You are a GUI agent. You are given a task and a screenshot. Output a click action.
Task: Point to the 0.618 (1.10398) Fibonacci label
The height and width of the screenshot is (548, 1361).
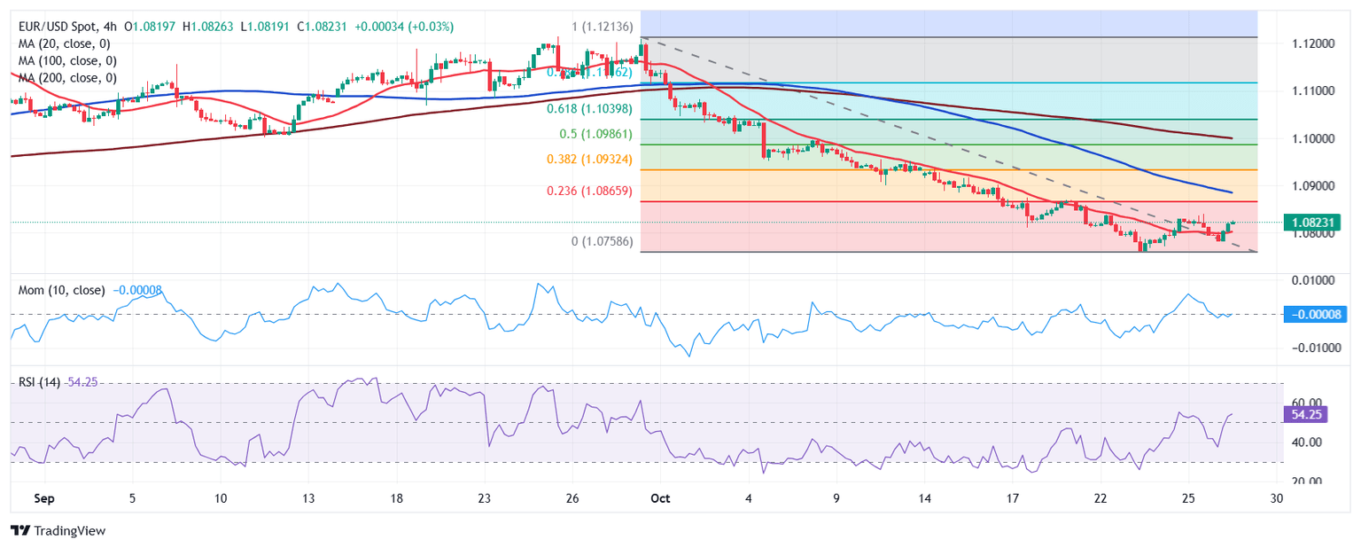click(x=589, y=108)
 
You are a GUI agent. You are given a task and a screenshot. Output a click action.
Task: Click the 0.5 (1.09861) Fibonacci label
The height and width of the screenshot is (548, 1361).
click(x=595, y=134)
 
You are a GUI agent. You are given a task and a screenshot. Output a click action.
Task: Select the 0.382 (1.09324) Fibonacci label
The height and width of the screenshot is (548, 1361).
click(x=588, y=159)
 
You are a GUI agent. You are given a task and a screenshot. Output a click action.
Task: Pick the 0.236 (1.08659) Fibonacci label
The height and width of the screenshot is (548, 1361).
click(x=588, y=191)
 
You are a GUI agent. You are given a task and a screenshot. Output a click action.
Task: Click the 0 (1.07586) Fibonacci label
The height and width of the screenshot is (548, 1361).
click(x=602, y=241)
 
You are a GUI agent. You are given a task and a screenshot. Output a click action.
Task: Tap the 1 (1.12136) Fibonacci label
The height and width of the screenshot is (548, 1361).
click(x=602, y=27)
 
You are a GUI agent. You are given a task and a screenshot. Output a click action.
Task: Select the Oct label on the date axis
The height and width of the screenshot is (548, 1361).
click(x=659, y=498)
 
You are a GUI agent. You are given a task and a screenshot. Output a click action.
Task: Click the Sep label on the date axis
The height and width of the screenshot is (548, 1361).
click(x=43, y=498)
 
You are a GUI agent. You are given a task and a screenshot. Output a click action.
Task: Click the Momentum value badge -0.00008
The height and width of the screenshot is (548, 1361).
click(x=1313, y=314)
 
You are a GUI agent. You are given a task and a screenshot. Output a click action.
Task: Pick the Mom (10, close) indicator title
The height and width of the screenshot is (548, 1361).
click(x=61, y=290)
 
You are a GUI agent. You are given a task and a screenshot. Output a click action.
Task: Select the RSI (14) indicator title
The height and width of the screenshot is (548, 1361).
click(x=39, y=382)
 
